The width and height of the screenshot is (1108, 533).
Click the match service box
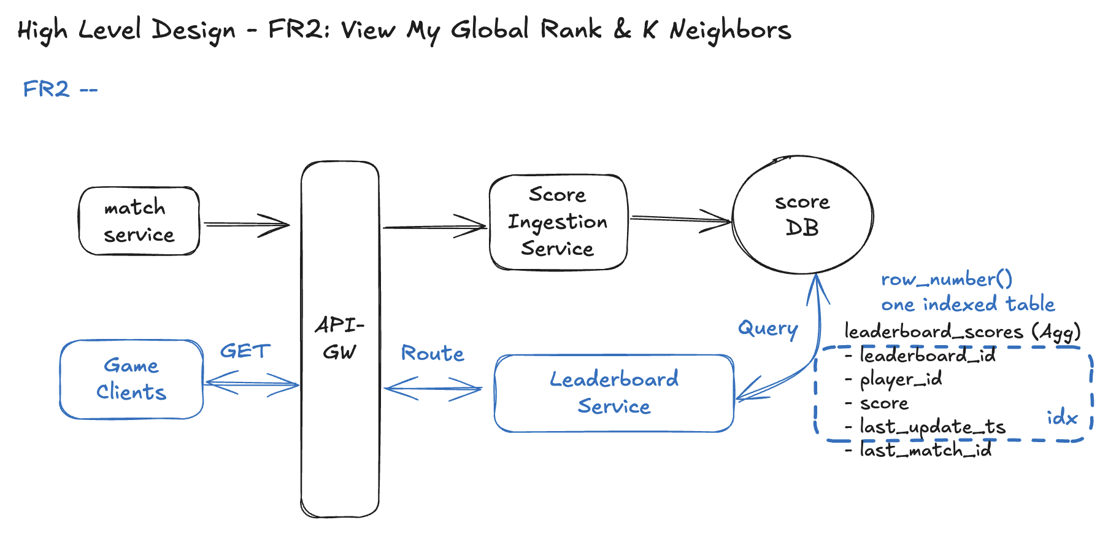pos(139,221)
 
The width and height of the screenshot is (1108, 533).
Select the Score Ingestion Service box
pos(558,222)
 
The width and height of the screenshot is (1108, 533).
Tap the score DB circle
pos(802,214)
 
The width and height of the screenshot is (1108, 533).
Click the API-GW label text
pos(339,338)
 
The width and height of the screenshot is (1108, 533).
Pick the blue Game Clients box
pos(131,379)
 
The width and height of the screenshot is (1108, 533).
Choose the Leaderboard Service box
pos(614,393)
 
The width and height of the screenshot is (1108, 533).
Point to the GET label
pos(245,351)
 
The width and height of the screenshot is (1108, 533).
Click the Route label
pos(433,353)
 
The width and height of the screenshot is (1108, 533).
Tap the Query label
pos(768,329)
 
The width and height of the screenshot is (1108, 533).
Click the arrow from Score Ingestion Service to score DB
pos(680,219)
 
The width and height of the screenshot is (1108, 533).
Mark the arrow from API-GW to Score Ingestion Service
pos(434,227)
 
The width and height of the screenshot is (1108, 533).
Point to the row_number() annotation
pos(946,279)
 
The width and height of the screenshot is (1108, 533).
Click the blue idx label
pos(1062,418)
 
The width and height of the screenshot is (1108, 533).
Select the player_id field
pos(900,379)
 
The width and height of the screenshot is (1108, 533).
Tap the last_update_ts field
pos(932,427)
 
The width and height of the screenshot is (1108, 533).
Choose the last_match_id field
pos(925,451)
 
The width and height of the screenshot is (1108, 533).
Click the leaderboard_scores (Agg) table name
pos(962,332)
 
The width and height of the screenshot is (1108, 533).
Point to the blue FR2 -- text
pos(60,90)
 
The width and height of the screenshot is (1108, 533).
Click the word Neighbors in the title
pos(730,30)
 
